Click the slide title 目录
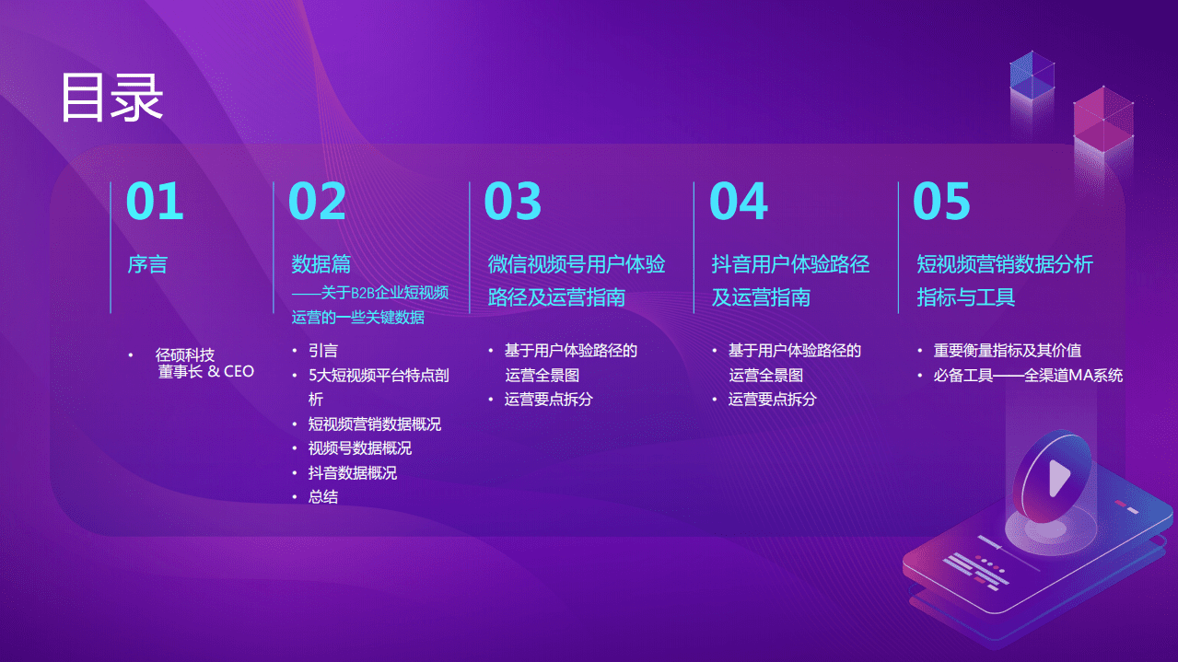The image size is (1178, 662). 111,97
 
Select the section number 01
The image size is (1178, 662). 155,202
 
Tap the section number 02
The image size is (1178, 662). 318,202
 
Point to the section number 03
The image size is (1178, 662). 513,202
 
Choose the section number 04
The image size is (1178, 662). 739,202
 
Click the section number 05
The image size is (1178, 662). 941,202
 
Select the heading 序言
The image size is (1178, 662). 147,265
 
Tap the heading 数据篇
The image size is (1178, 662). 321,265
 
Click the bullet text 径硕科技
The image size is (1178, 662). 185,355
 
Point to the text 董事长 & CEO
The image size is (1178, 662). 206,372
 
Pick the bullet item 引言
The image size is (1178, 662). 323,351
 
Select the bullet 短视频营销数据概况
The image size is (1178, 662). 375,424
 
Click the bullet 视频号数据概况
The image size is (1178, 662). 360,448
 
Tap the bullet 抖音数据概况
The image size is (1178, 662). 353,473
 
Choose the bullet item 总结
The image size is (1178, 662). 323,497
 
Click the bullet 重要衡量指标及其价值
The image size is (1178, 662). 1008,351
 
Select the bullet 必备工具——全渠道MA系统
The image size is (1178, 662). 1028,376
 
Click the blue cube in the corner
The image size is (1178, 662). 1032,75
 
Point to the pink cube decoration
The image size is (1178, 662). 1102,118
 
